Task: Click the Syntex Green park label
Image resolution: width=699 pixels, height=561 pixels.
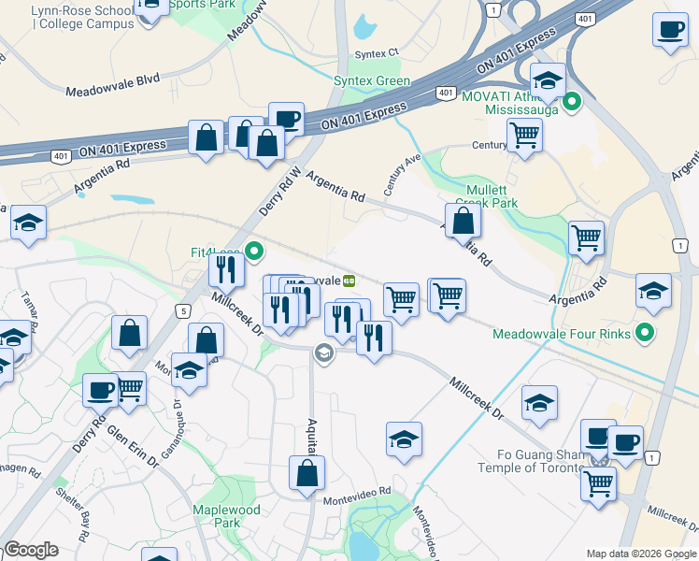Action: click(372, 81)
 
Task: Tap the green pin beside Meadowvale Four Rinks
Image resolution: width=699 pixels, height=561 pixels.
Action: click(643, 333)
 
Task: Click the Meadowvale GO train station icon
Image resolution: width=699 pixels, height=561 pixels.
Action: click(349, 280)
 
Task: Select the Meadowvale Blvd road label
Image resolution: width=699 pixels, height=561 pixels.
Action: click(113, 92)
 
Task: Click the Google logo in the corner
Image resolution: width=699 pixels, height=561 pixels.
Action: click(31, 550)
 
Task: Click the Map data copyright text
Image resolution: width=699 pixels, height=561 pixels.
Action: click(641, 554)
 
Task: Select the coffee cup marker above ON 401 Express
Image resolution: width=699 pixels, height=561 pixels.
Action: click(286, 120)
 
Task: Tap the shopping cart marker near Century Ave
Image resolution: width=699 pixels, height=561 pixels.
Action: click(524, 135)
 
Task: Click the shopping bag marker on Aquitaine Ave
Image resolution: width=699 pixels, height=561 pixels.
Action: click(307, 474)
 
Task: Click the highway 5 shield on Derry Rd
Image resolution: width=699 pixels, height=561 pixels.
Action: click(183, 310)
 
